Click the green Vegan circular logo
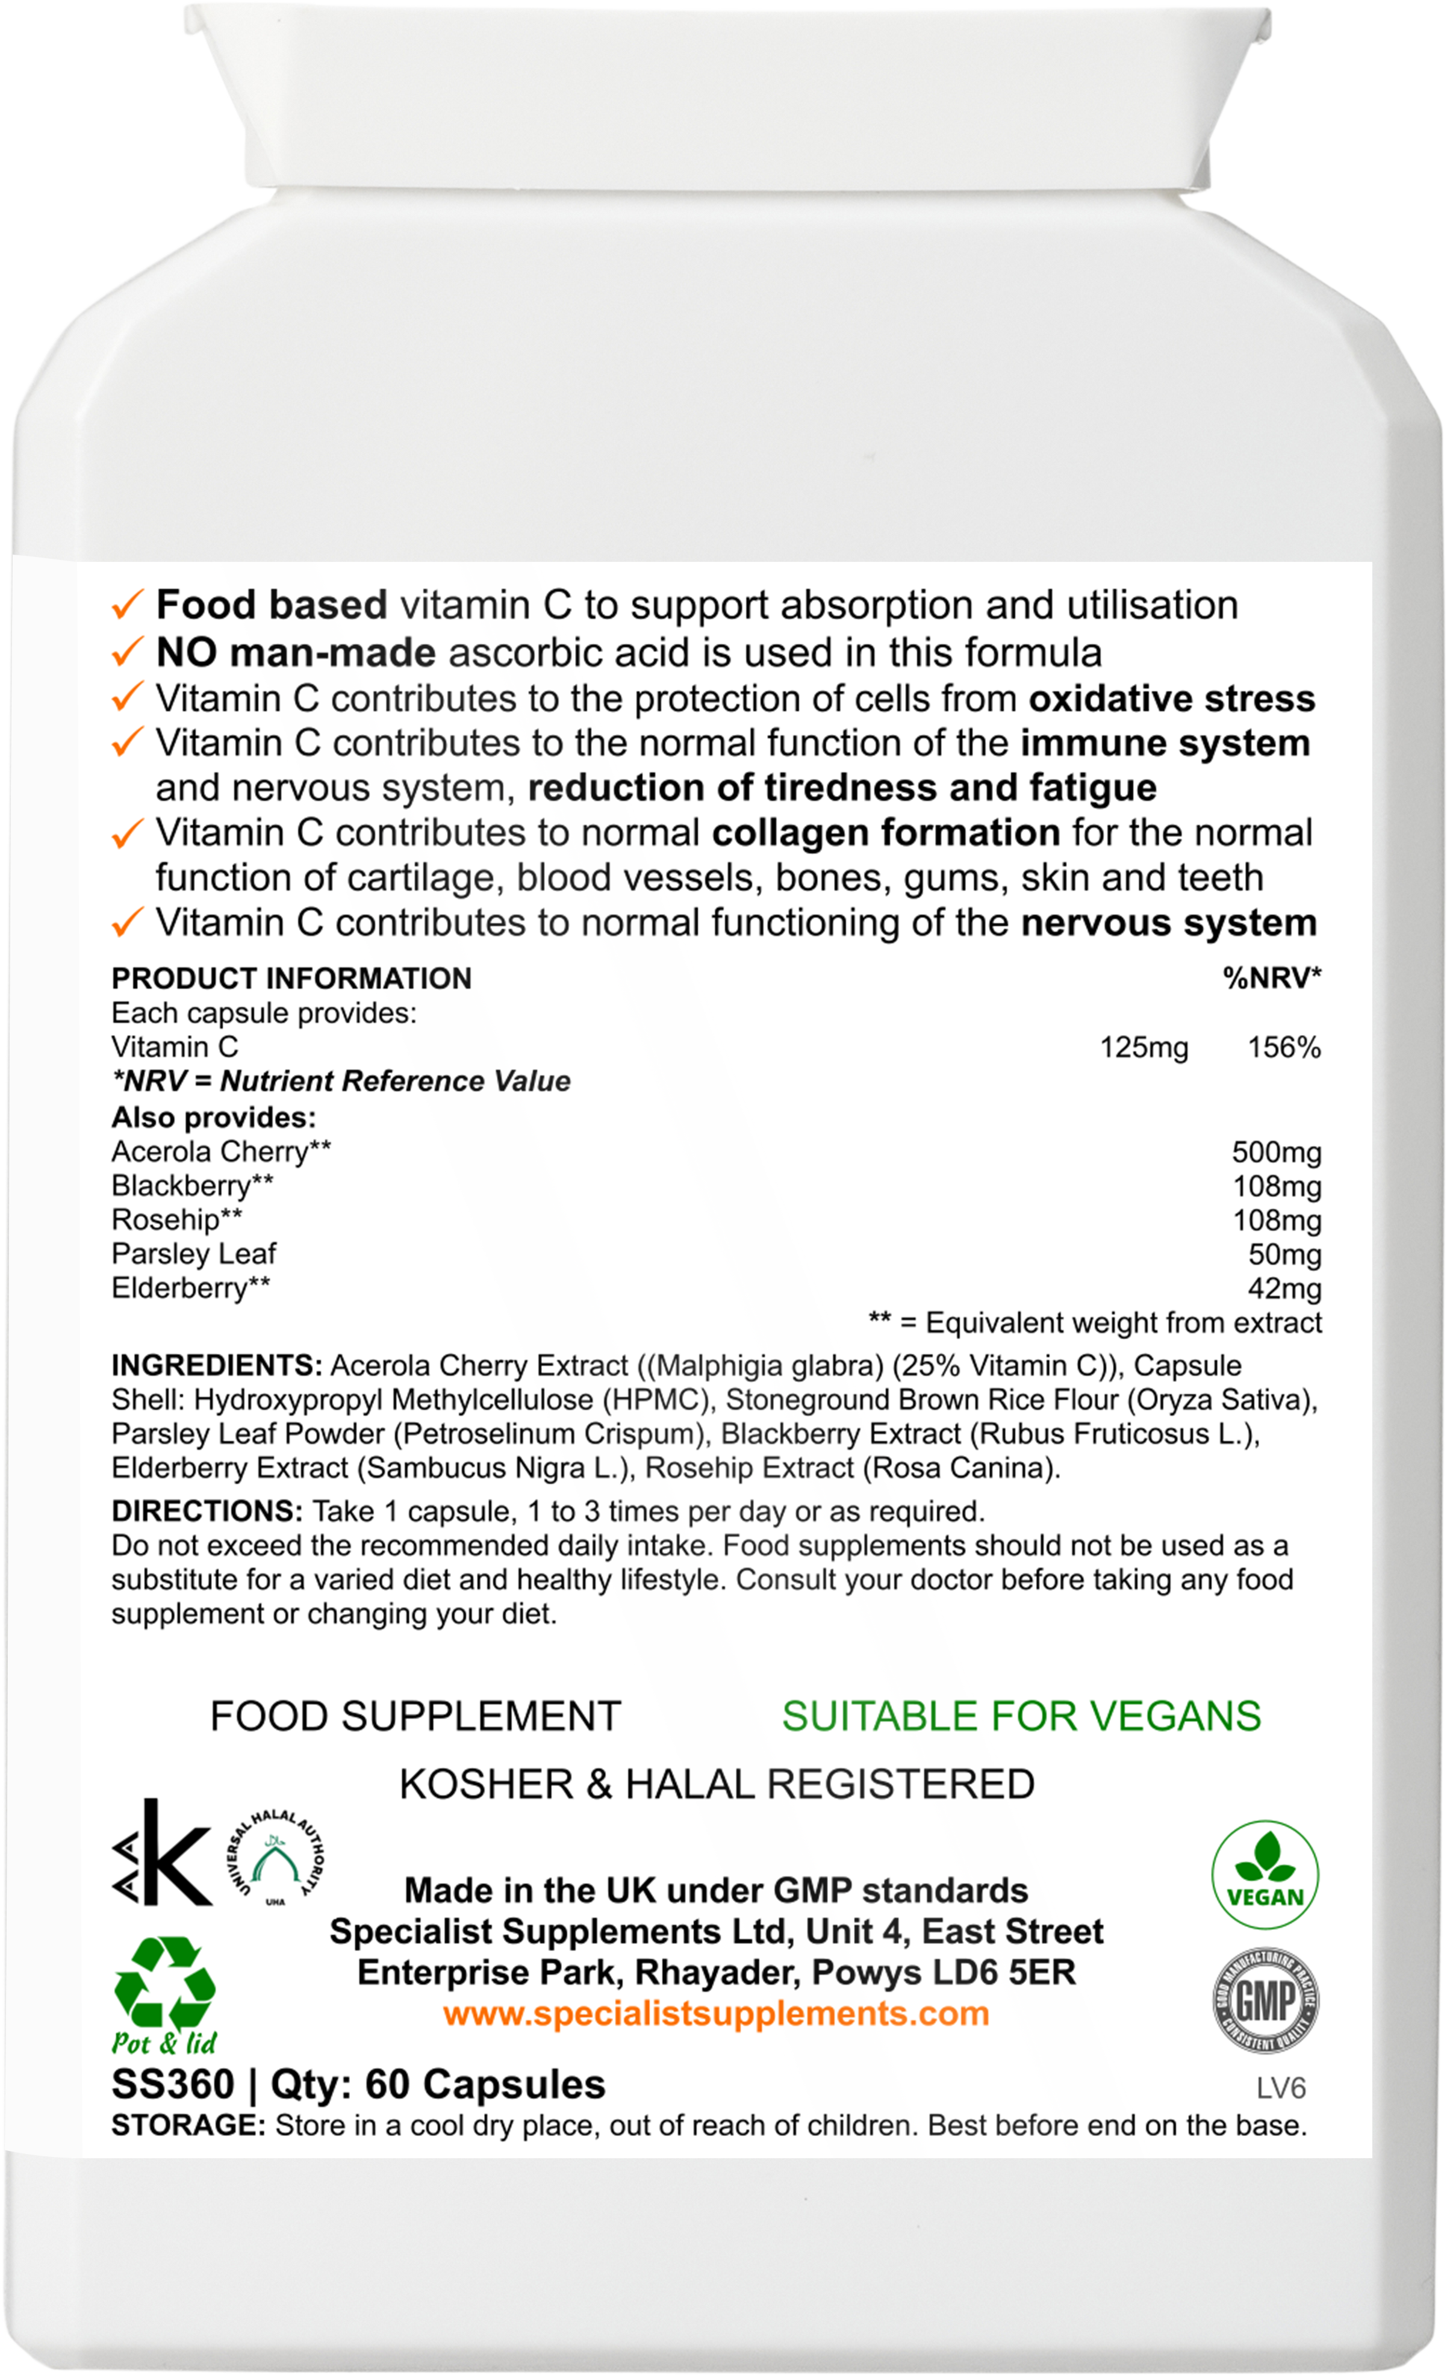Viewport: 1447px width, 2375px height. pos(1265,1875)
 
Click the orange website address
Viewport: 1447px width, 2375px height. pos(716,2014)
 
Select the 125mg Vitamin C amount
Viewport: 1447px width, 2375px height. pos(1144,1048)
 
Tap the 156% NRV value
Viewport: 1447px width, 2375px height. pos(1283,1048)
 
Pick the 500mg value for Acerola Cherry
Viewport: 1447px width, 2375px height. pos(1275,1152)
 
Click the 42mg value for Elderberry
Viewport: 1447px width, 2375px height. pos(1283,1289)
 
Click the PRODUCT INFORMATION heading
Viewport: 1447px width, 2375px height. pos(291,979)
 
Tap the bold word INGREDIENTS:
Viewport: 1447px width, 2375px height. pos(217,1366)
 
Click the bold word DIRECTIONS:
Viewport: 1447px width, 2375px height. pos(207,1511)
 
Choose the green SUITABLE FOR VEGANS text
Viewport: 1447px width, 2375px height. pos(1021,1717)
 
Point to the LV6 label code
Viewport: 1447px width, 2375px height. pos(1280,2088)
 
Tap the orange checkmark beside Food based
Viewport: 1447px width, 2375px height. pos(127,606)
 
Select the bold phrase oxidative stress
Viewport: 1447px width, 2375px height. pos(1171,699)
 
